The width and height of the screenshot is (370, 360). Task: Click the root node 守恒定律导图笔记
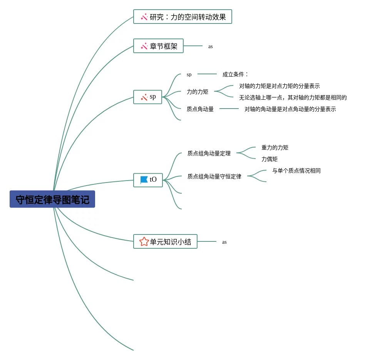coord(52,199)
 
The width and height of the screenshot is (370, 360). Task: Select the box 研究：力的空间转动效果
coord(182,17)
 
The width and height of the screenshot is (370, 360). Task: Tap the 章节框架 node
coord(158,46)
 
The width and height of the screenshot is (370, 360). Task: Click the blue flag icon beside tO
coord(144,180)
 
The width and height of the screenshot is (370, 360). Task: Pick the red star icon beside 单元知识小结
coord(144,241)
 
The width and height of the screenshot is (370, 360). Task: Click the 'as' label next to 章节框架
coord(211,47)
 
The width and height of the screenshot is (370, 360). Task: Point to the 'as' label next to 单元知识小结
coord(224,242)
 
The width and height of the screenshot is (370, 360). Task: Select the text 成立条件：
coord(235,74)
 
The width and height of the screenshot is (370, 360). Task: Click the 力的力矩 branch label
coord(198,92)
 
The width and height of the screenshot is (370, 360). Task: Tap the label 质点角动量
coord(200,109)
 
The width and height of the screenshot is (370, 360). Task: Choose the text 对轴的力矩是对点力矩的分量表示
coord(280,86)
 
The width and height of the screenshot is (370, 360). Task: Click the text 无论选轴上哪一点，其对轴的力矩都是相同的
coord(293,97)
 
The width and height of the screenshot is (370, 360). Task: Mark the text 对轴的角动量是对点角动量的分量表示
coord(290,109)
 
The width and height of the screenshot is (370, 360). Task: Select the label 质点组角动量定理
coord(209,153)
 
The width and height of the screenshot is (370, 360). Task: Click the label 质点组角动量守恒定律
coord(214,176)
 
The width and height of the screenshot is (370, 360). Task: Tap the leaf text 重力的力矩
coord(275,147)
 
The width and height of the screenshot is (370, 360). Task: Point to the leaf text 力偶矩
coord(270,159)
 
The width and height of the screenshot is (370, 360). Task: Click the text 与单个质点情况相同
coord(296,171)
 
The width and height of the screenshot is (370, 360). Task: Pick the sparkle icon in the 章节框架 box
coord(144,46)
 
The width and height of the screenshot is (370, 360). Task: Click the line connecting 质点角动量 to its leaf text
coord(229,109)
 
